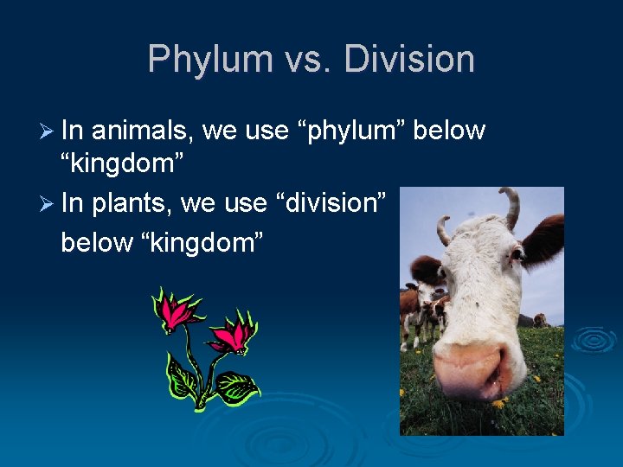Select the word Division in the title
click(408, 60)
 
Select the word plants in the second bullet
click(132, 204)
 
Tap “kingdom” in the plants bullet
click(198, 243)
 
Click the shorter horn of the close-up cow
click(444, 229)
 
